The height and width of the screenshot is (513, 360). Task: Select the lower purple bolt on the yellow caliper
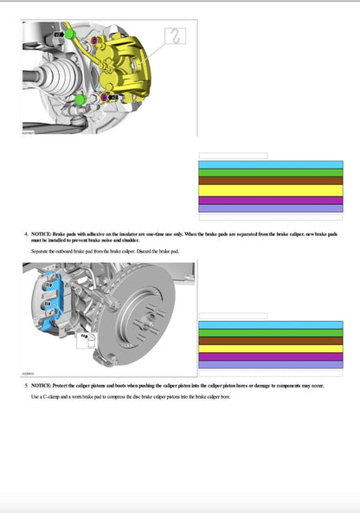click(106, 96)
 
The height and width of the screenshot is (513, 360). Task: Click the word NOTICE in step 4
click(40, 234)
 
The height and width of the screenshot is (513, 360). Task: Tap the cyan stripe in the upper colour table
click(271, 164)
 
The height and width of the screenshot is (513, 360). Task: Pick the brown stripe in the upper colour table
click(271, 180)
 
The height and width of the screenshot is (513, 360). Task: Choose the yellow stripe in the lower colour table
click(271, 348)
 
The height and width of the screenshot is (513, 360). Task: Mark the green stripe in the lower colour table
click(271, 332)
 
